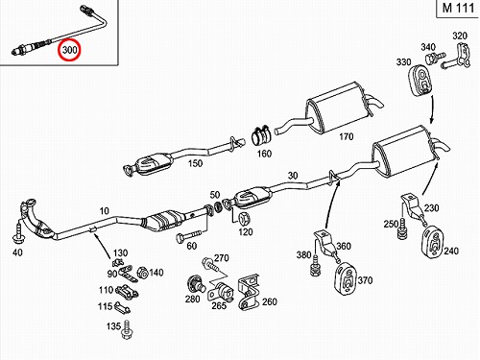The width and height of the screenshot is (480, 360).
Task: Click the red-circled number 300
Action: (69, 50)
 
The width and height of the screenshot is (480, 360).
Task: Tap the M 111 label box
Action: (458, 8)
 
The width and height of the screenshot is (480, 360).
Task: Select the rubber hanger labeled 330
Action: (421, 81)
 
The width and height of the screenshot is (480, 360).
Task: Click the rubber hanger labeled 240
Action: (432, 242)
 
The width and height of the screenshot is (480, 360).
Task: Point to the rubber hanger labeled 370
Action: (346, 277)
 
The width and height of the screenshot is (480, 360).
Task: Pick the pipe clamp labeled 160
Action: (262, 136)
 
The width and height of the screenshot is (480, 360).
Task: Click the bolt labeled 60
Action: (189, 237)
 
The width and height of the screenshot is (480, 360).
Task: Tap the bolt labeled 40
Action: (18, 233)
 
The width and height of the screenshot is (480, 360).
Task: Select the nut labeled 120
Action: (245, 219)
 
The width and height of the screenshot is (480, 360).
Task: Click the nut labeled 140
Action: (143, 274)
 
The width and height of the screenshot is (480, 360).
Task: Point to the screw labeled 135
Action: (127, 330)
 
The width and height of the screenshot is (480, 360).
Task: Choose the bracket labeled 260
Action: (249, 293)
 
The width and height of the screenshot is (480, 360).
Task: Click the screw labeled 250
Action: (401, 228)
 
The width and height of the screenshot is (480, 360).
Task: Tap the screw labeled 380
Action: (316, 265)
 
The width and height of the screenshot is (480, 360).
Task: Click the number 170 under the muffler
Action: (346, 136)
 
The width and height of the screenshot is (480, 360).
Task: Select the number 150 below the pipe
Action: (195, 163)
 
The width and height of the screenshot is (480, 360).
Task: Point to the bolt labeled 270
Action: (211, 265)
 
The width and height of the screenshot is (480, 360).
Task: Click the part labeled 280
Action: (195, 283)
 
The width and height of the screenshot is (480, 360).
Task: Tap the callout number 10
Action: (105, 211)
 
